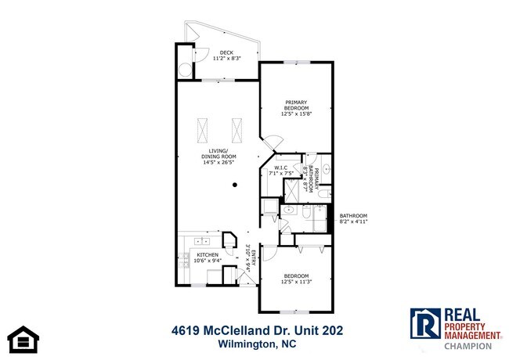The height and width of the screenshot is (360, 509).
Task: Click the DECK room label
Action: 226,52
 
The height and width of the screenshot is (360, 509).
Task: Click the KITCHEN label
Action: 206,255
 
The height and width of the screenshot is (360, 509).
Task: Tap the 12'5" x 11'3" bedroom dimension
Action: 297,283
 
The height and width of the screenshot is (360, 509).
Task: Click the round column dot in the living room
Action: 235,185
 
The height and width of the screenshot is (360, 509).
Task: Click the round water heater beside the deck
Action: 186,69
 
